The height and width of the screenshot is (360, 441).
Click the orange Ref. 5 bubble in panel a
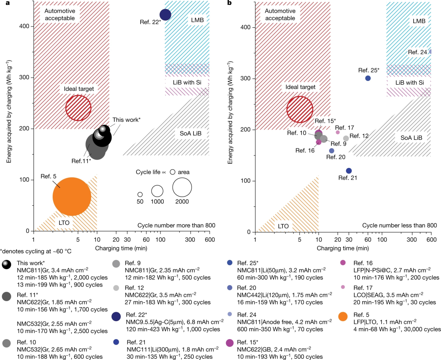[72, 197]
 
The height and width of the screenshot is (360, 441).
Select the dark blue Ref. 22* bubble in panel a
[165, 15]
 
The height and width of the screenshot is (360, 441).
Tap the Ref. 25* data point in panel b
[367, 78]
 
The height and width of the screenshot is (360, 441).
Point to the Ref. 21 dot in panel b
[349, 171]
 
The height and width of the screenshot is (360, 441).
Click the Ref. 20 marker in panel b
[332, 151]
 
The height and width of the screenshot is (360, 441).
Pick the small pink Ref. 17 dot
[338, 132]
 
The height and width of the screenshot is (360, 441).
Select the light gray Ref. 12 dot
[346, 139]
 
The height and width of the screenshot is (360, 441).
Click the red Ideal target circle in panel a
[78, 107]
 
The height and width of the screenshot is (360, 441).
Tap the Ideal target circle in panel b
[300, 109]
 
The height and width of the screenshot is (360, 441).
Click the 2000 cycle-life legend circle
[182, 187]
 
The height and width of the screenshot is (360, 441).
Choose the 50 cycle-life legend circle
[140, 195]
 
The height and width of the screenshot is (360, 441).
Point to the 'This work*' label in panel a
[127, 120]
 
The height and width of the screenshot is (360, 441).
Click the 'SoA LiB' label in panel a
[191, 134]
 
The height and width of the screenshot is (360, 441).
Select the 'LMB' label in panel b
[419, 21]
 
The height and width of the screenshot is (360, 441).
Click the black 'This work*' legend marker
[6, 265]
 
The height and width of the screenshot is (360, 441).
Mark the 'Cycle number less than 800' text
[399, 225]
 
